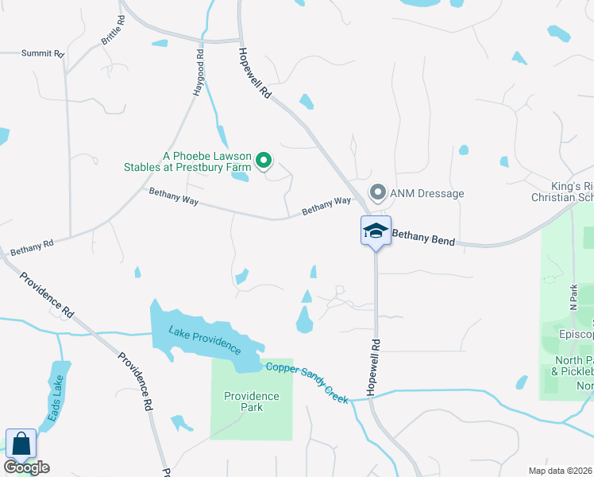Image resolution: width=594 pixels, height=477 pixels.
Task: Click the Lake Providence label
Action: pos(205,339)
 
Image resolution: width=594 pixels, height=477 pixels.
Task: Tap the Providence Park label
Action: pos(251,401)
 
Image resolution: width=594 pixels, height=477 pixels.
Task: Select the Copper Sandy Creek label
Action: pos(307,381)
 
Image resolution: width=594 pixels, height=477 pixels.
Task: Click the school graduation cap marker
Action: pos(376,231)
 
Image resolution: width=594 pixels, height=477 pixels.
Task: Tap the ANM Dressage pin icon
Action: pos(378,193)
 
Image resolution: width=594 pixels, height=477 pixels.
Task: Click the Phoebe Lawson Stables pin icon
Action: pos(264,162)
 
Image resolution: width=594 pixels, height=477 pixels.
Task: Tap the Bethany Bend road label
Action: pos(423,238)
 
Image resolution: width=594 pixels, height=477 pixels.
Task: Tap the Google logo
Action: pos(26,467)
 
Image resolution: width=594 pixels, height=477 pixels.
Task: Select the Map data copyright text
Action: pos(561,471)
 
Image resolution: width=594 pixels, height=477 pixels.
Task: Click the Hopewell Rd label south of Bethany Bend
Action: pos(375,365)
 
